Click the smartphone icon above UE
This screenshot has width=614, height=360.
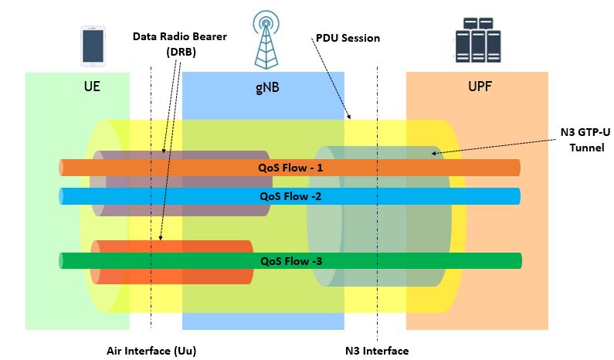[x=92, y=45]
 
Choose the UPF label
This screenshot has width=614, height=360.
[x=479, y=87]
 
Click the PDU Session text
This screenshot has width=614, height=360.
[x=348, y=38]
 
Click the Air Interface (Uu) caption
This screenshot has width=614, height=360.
[x=151, y=351]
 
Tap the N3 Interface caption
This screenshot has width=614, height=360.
[x=377, y=351]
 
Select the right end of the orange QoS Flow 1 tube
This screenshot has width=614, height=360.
[x=517, y=168]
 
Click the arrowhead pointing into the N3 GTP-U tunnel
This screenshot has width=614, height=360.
[x=435, y=153]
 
